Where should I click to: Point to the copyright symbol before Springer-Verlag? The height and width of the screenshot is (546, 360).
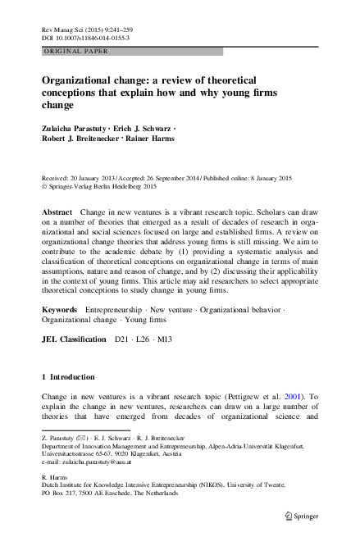coord(44,187)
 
